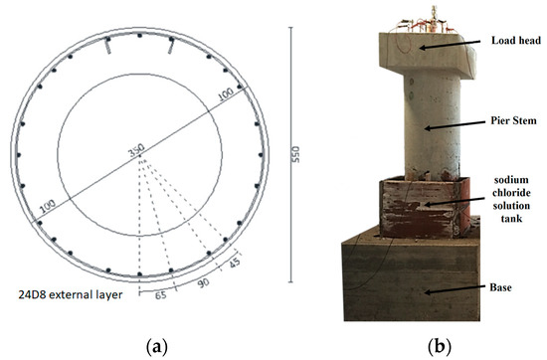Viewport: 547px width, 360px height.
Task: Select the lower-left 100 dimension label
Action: [x=46, y=207]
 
